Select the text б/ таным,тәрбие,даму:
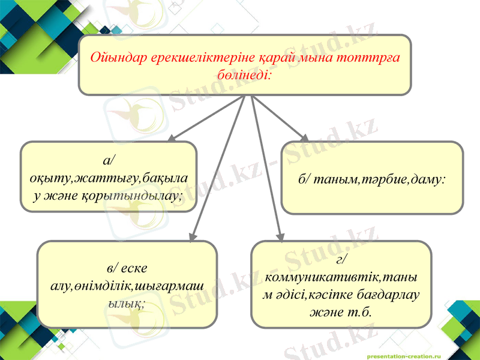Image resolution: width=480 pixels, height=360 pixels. pos(372,178)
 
